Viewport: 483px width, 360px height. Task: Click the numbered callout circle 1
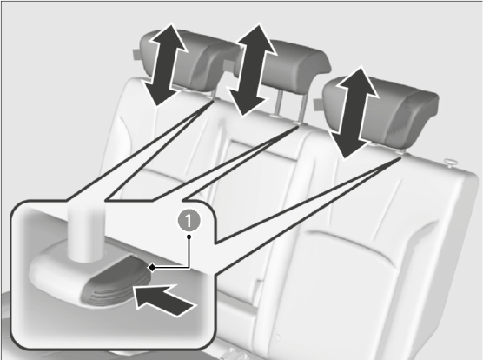point(189,221)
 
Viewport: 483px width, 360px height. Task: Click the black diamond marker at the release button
point(151,268)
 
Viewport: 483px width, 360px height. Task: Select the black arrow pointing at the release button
point(165,300)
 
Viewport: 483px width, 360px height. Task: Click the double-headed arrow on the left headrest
point(165,64)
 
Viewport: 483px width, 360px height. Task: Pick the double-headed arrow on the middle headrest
point(251,70)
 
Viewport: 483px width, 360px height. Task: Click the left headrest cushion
point(185,62)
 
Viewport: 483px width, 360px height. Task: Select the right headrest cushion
point(385,112)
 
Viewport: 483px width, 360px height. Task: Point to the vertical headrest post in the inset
point(86,233)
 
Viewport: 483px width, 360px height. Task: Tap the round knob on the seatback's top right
point(449,163)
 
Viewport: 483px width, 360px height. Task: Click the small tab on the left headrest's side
point(137,54)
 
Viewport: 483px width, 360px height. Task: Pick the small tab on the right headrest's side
point(318,104)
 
